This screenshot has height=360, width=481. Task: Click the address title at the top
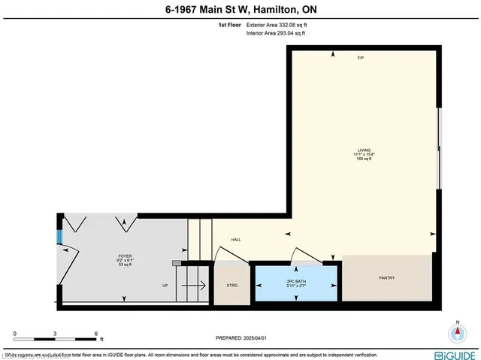(240, 9)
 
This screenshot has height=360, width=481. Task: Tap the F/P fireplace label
(361, 58)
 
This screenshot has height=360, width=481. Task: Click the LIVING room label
(364, 150)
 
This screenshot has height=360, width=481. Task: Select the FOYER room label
(125, 256)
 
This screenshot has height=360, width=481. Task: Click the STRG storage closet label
(231, 286)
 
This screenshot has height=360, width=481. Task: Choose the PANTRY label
(386, 279)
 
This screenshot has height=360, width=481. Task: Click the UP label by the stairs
(165, 286)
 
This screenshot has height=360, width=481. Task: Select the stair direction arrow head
(203, 286)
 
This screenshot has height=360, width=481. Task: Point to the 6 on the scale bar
(95, 333)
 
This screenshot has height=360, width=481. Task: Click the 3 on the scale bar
(55, 333)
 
